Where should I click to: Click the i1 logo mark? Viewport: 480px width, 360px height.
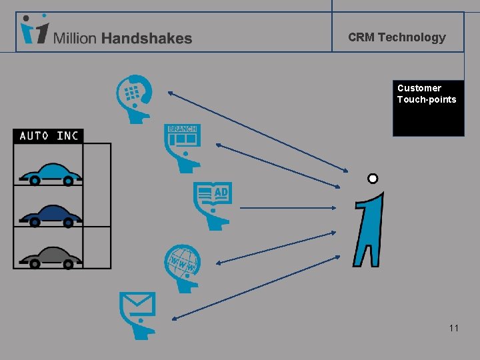[x=33, y=30]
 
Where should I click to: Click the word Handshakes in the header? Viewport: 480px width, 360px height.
[x=147, y=39]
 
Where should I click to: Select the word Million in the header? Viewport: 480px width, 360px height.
[x=75, y=39]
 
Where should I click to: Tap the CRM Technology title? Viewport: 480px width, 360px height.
[x=397, y=37]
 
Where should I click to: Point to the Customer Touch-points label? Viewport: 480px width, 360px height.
[x=427, y=94]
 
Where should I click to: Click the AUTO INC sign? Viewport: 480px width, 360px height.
[x=49, y=136]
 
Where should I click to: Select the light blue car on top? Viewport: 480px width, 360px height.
[x=51, y=173]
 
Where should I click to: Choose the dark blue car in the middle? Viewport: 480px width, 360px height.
[x=51, y=215]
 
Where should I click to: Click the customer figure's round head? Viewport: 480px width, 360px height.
[x=373, y=179]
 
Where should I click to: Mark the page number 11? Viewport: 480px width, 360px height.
[x=453, y=328]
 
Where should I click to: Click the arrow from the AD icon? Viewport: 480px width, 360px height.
[x=287, y=208]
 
